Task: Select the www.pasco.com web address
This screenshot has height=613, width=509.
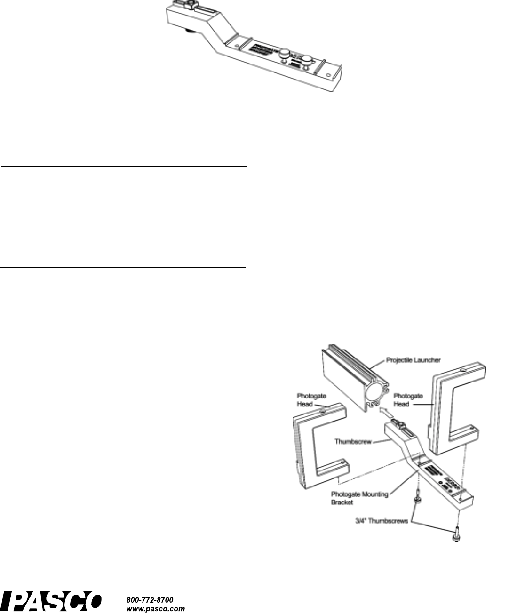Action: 156,608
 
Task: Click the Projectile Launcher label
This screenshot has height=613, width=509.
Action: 413,360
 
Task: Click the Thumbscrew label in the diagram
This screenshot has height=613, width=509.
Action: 352,442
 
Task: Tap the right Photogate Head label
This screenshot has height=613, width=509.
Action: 409,400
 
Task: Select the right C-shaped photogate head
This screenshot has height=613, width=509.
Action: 454,414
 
